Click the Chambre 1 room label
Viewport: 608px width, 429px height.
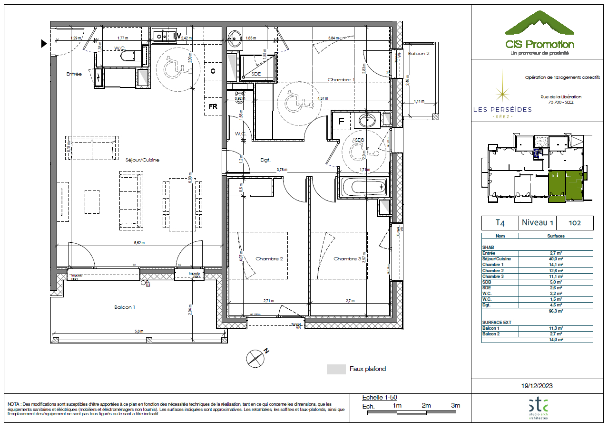coord(341,80)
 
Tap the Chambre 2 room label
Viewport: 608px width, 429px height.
coord(269,259)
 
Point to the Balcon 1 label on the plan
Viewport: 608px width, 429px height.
coord(125,307)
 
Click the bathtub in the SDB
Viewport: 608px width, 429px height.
coord(364,187)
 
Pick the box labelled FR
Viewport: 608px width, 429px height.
coord(213,106)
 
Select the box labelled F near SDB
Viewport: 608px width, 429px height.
coord(341,121)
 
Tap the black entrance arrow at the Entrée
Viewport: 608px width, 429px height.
coord(44,44)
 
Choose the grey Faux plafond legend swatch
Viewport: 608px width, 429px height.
coord(336,369)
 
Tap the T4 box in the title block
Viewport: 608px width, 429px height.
coord(500,223)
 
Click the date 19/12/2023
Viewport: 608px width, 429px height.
coord(537,386)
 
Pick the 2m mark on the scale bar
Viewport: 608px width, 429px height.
coord(426,406)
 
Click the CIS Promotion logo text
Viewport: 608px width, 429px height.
coord(539,45)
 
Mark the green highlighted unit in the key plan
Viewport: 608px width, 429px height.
coord(565,187)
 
